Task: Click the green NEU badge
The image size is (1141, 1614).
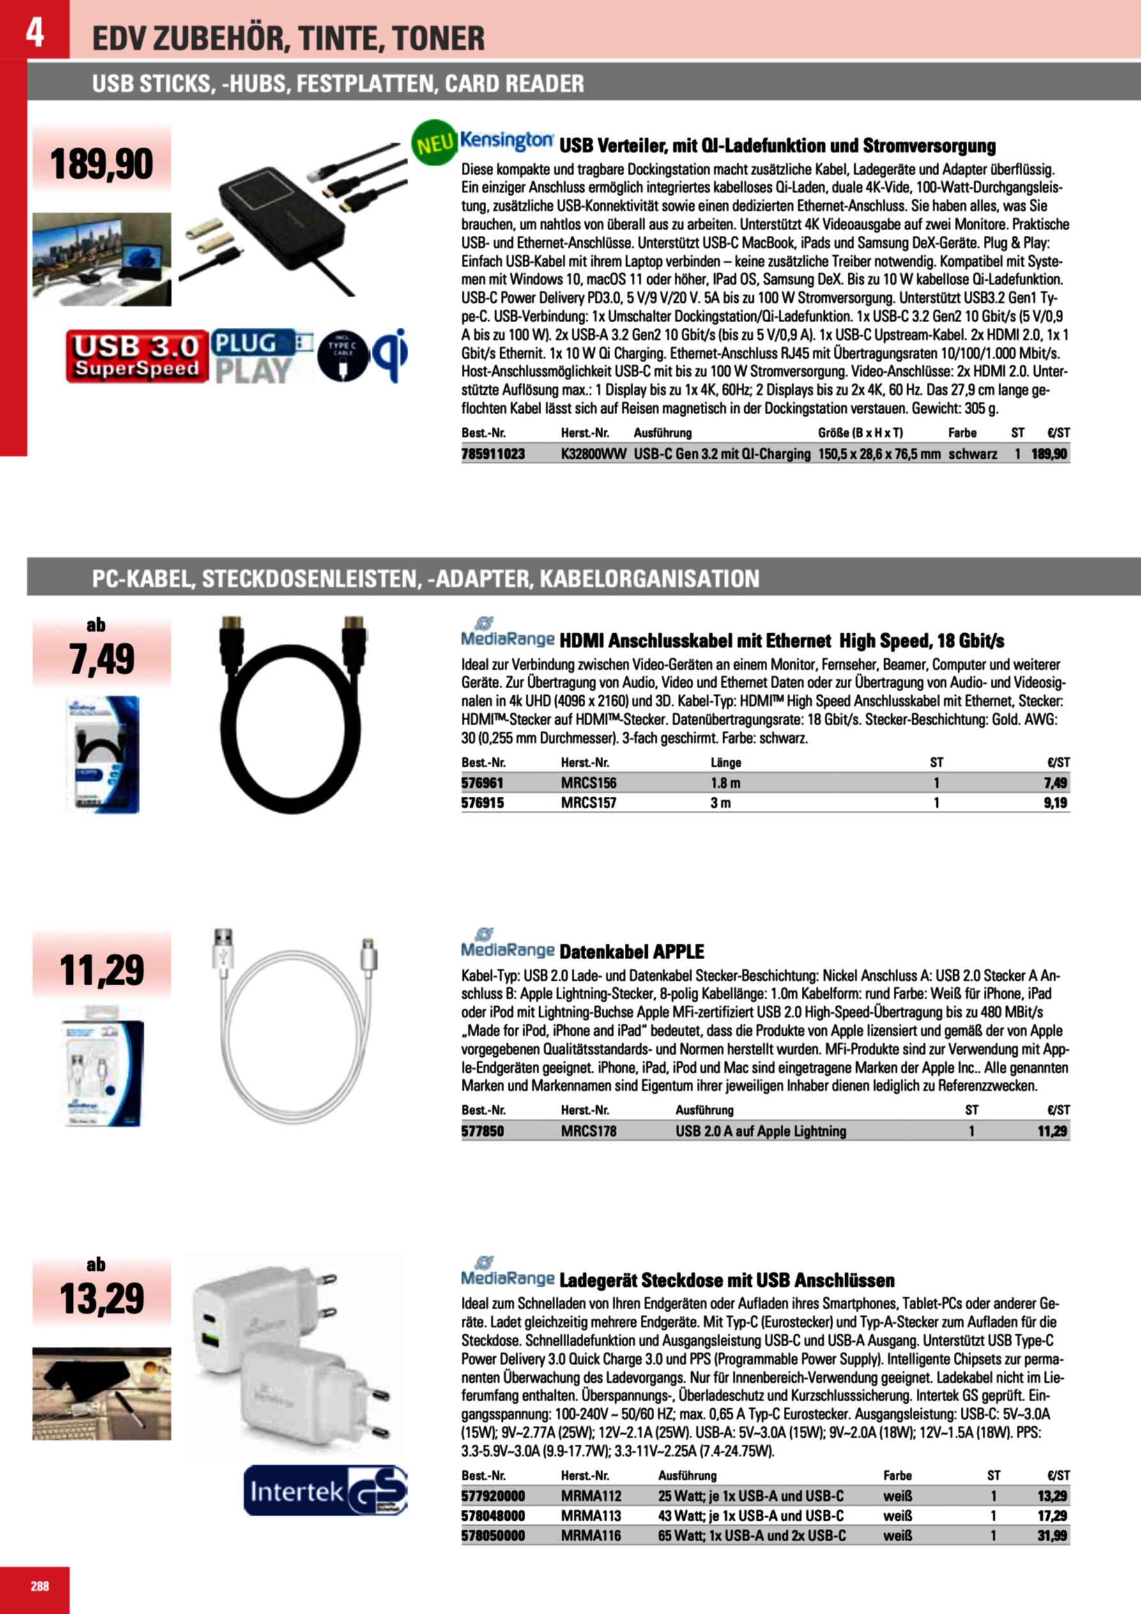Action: [x=434, y=143]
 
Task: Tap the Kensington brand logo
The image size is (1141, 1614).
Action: [x=507, y=141]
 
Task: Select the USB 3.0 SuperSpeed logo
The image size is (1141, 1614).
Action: [x=137, y=357]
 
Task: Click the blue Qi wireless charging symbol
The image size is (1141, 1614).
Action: [x=390, y=355]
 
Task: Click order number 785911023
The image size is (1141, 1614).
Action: [x=493, y=454]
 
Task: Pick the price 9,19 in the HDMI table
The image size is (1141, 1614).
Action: [x=1055, y=803]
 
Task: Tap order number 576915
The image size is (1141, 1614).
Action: [x=482, y=803]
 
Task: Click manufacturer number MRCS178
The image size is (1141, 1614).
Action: [x=588, y=1131]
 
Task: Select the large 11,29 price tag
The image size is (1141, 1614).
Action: [x=102, y=971]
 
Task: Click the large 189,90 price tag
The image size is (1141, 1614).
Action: [x=102, y=164]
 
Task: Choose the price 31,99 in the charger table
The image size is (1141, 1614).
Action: [x=1052, y=1536]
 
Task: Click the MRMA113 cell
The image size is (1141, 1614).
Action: [x=590, y=1516]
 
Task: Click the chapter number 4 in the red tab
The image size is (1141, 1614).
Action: [x=34, y=32]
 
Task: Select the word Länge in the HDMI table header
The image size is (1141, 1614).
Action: [x=726, y=763]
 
